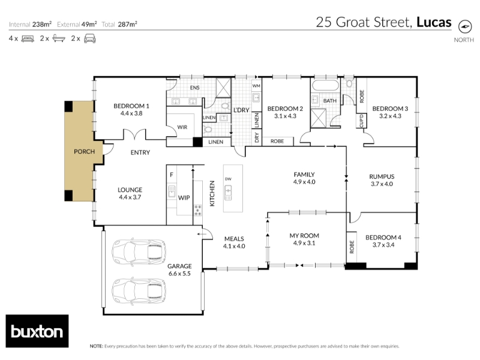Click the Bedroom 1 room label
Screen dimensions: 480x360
click(131, 106)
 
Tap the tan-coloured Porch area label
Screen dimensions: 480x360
click(84, 152)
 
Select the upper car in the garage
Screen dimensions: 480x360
click(139, 251)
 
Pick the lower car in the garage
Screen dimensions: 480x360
click(139, 291)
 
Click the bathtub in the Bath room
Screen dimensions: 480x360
click(325, 85)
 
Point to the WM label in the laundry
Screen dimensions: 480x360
click(256, 86)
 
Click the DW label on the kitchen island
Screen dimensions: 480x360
click(228, 179)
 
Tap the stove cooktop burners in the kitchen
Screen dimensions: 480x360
click(198, 211)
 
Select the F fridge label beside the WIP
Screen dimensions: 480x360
click(172, 175)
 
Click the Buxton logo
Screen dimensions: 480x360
click(37, 331)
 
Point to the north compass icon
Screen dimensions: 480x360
click(464, 26)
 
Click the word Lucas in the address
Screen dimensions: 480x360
click(434, 22)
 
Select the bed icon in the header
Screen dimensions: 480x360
click(28, 39)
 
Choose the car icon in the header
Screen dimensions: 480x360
click(89, 38)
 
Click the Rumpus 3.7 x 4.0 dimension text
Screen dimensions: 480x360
click(382, 184)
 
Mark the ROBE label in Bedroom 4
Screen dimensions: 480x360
click(352, 247)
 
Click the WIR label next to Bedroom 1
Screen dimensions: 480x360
click(182, 127)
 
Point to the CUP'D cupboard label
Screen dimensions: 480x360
click(361, 121)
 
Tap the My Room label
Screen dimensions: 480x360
click(304, 236)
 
